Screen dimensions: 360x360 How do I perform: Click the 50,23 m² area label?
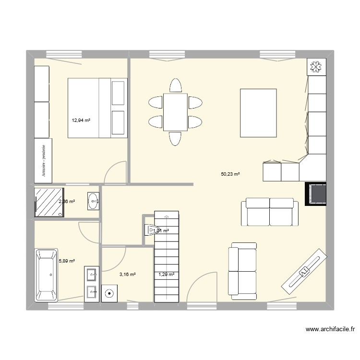point(230,174)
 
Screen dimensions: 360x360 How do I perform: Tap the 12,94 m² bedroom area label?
point(81,120)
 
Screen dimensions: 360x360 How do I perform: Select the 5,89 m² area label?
point(67,261)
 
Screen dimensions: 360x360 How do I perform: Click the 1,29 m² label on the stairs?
point(166,275)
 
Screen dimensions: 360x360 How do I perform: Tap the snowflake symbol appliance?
point(316,67)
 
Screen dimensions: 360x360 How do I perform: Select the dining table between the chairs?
point(175,112)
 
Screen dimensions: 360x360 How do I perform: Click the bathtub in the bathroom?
point(46,275)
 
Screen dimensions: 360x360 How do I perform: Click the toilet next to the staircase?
point(151,230)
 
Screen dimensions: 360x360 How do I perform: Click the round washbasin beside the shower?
point(93,201)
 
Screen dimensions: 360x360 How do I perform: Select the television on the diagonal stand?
point(303,271)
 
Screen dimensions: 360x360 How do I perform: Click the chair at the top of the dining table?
point(175,86)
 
